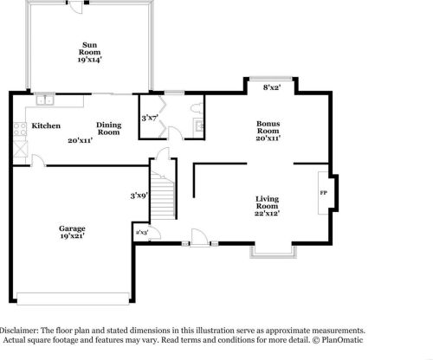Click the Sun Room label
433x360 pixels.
coord(89,48)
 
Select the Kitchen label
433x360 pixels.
coord(46,126)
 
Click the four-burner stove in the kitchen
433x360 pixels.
coord(19,129)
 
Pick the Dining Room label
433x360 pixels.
coord(108,129)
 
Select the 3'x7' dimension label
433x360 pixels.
coord(150,118)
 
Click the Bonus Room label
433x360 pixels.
coord(268,127)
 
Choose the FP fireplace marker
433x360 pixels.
coord(324,192)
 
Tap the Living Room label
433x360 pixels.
coord(267,203)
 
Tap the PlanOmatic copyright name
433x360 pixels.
coord(343,341)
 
